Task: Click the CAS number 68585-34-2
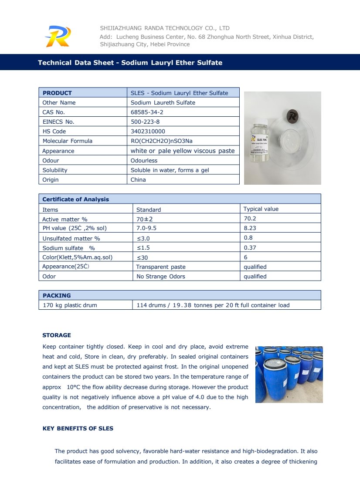tap(147, 112)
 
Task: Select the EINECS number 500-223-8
tap(145, 122)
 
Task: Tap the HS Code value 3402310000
tap(148, 131)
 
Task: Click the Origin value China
tap(138, 179)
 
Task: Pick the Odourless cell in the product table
tap(145, 160)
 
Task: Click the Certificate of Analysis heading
tap(75, 199)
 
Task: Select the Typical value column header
tap(261, 209)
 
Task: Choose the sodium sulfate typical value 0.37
tap(250, 247)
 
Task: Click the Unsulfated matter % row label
tap(71, 238)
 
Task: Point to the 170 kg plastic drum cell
tap(70, 305)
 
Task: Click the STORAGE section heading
tap(56, 335)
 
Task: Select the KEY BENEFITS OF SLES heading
tap(78, 428)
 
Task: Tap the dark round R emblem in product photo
tap(293, 116)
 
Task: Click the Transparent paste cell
tap(161, 267)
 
